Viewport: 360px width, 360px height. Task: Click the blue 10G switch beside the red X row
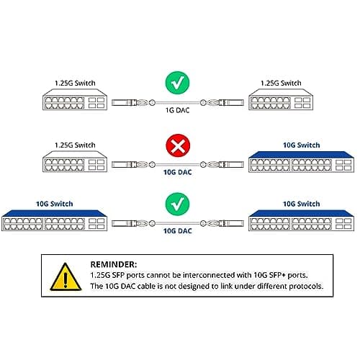coord(284,162)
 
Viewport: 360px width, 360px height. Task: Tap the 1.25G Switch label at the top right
coord(282,84)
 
